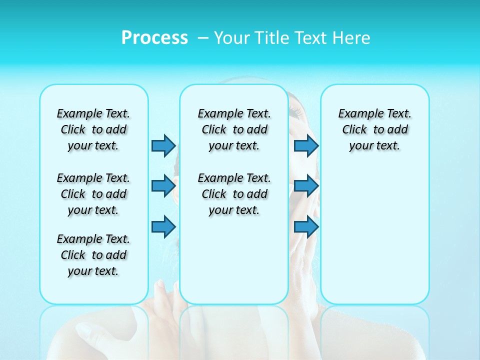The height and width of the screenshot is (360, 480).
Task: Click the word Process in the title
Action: click(x=154, y=38)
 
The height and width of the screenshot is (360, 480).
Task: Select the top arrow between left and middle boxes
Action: click(x=163, y=145)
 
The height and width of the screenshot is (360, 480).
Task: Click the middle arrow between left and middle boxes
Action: click(x=163, y=186)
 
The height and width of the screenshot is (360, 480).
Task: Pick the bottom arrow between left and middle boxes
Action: click(x=163, y=226)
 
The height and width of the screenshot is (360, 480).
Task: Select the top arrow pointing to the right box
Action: click(x=306, y=145)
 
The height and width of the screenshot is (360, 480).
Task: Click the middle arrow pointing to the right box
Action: click(x=306, y=186)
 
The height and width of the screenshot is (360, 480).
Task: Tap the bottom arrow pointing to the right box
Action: click(x=306, y=226)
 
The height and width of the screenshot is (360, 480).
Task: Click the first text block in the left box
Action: click(x=93, y=129)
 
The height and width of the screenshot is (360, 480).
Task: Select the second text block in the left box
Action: click(x=93, y=194)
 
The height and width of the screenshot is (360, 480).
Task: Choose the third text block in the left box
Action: click(x=93, y=255)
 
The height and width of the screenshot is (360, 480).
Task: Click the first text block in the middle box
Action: click(x=234, y=129)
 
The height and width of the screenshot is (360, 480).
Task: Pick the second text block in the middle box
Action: click(x=234, y=194)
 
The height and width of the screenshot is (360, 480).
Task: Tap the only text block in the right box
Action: click(x=374, y=129)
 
